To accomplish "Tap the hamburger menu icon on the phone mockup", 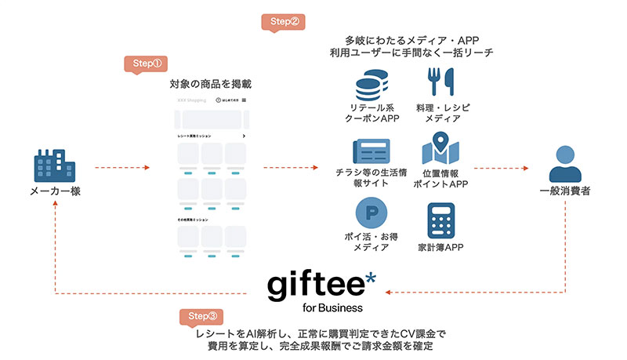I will coord(245,100).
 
